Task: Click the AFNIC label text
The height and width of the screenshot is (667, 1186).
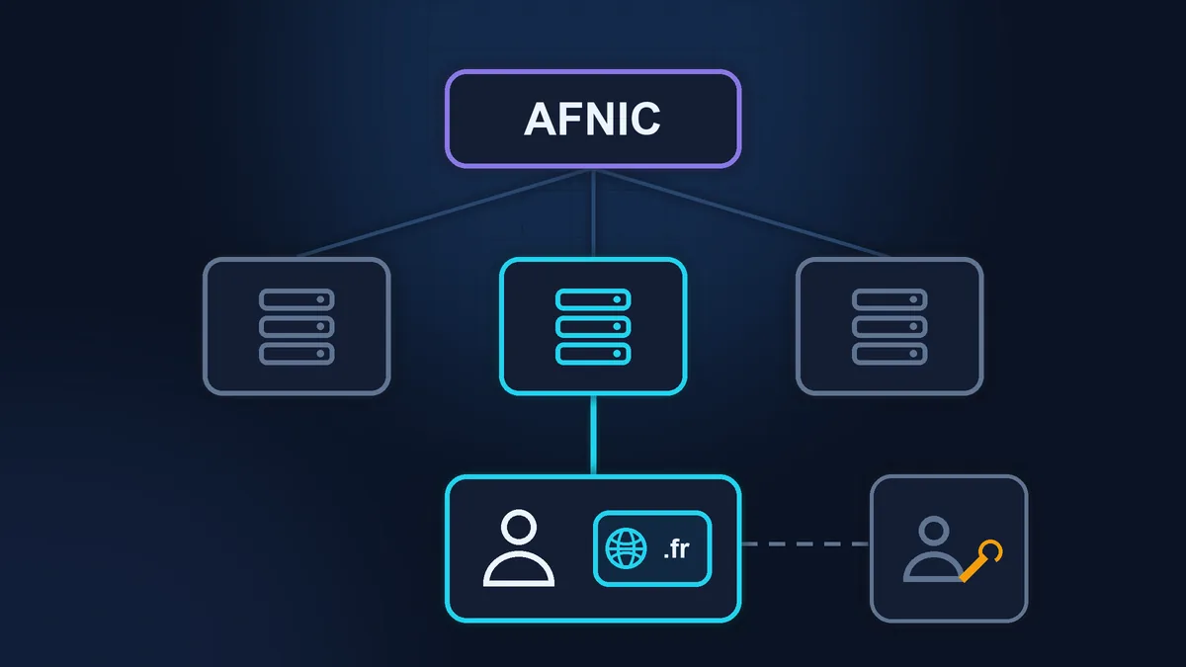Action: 592,120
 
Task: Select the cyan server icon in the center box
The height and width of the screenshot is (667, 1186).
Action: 593,327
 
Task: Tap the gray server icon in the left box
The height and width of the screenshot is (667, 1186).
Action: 296,327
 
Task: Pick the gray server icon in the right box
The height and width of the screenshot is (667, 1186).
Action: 889,327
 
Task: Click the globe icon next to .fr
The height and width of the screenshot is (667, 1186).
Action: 626,548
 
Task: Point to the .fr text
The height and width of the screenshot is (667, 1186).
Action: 676,549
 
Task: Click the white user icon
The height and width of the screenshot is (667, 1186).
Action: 519,548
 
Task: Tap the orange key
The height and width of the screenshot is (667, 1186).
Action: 981,561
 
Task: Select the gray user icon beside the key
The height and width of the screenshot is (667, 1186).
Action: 933,549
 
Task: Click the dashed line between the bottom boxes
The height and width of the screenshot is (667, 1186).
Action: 805,543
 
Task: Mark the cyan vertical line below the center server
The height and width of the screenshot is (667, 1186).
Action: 593,435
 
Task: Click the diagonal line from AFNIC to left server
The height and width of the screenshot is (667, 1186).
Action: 445,213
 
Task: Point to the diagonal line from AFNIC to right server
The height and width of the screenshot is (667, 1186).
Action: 742,213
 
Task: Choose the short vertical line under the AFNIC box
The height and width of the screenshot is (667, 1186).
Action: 593,213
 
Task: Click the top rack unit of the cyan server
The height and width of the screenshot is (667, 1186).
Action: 593,299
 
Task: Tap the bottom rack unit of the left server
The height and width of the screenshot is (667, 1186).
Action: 296,354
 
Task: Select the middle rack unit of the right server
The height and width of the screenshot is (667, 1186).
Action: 889,327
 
